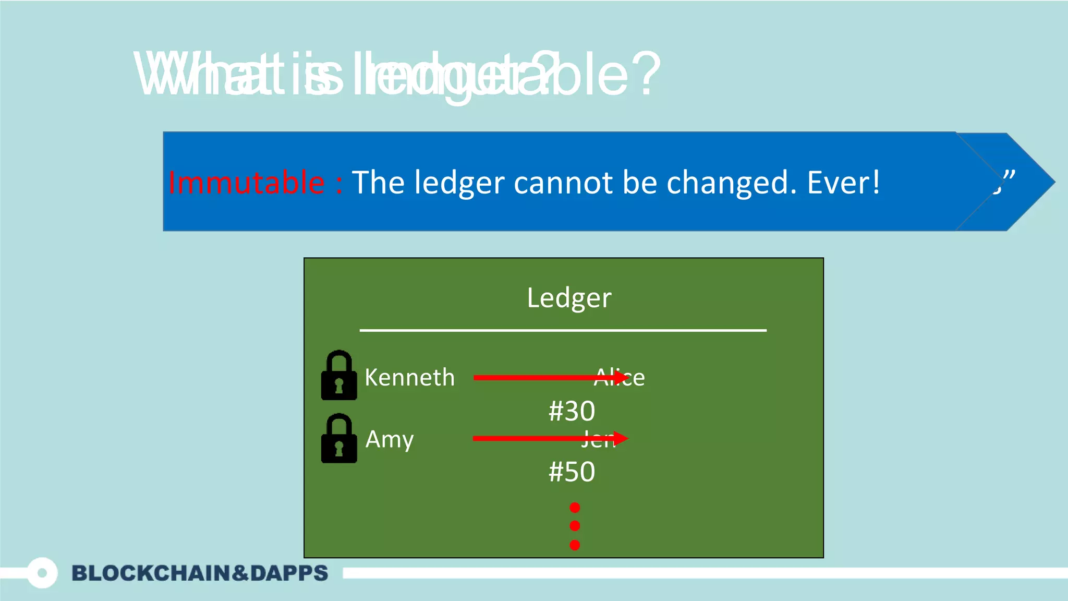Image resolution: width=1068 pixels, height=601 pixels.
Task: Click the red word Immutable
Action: pos(246,183)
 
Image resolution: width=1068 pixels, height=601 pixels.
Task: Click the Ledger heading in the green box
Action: pos(569,298)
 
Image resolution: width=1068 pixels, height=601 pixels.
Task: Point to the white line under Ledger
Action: pos(563,330)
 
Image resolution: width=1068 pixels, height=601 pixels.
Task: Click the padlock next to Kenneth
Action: pos(339,376)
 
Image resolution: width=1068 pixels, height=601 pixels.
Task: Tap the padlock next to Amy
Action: pos(339,439)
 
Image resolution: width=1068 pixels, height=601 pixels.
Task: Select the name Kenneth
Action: pos(409,377)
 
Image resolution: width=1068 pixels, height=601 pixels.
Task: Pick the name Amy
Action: pos(389,439)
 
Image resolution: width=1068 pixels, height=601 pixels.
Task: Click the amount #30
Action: pos(572,411)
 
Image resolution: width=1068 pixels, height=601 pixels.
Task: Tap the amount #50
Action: pos(572,472)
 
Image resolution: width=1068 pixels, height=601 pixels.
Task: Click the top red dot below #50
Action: pos(575,508)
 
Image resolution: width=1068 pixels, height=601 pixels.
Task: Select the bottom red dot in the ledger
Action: pos(575,545)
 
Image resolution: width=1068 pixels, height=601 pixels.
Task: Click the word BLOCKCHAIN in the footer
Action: pos(151,573)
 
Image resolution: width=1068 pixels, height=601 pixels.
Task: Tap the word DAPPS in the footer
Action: pos(289,573)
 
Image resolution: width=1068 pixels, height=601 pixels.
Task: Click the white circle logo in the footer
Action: pos(42,573)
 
